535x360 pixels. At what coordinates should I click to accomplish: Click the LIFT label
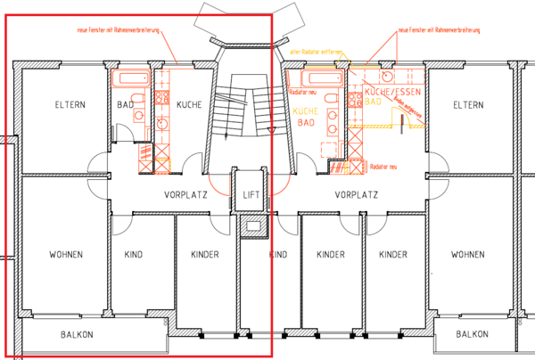tap(249, 193)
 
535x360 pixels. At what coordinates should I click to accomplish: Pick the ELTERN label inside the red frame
tap(69, 105)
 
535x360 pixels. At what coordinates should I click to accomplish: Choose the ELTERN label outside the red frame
tap(467, 105)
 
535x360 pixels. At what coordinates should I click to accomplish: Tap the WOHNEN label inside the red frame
tap(66, 255)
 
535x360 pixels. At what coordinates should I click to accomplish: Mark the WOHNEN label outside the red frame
tap(467, 255)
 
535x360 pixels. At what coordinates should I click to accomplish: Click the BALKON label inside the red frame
tap(77, 335)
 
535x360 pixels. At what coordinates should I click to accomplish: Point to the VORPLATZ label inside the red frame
tap(185, 193)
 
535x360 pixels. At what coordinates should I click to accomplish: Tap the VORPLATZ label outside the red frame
tap(357, 193)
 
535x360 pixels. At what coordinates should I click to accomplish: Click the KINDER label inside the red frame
tap(205, 255)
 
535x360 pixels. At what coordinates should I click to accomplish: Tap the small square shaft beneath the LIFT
tap(252, 226)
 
